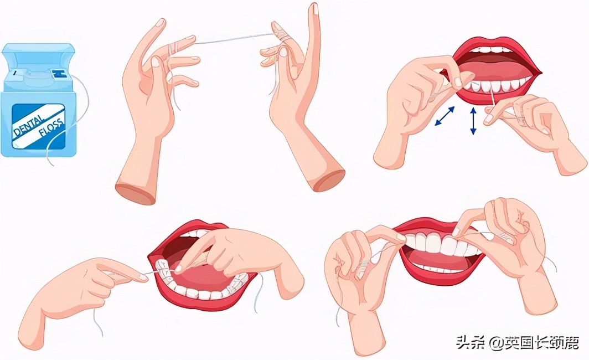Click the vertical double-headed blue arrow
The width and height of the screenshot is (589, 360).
pyautogui.click(x=473, y=121)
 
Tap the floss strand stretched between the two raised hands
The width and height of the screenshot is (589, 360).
pyautogui.click(x=232, y=38)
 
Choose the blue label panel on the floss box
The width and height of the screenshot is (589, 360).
pyautogui.click(x=39, y=126)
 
